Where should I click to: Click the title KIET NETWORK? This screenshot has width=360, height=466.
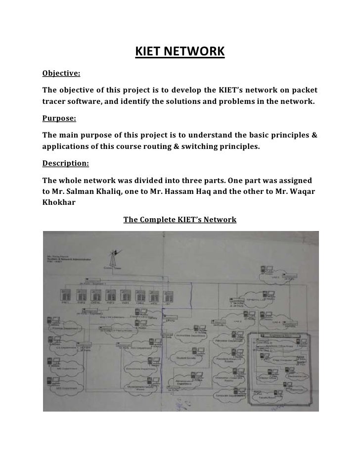(180, 51)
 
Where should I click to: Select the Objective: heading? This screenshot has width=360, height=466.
(61, 74)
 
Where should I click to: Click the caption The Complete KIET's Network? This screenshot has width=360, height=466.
(180, 219)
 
